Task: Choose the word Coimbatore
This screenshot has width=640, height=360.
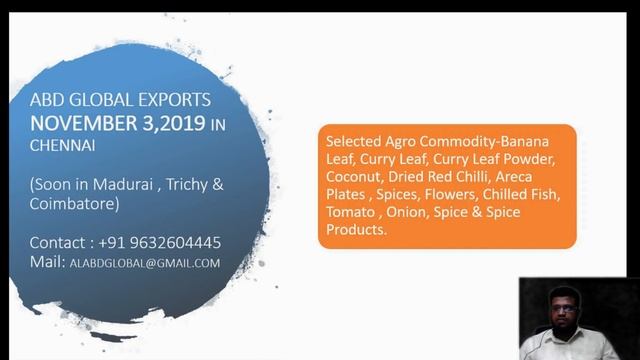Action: pos(73,204)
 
